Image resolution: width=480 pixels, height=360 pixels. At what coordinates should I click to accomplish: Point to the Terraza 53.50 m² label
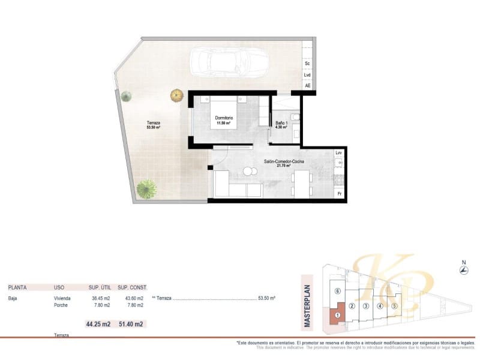[x=154, y=125]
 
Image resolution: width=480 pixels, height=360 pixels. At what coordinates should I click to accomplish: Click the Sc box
[x=307, y=63]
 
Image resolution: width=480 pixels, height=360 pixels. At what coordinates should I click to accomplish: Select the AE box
[x=308, y=86]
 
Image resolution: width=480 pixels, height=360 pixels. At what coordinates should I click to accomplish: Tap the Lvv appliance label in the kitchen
[x=339, y=153]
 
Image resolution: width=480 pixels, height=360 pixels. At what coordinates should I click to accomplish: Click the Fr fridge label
[x=339, y=194]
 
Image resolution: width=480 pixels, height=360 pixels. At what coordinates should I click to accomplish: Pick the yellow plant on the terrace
[x=176, y=95]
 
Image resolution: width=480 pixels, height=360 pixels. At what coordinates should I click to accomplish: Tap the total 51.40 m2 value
[x=131, y=324]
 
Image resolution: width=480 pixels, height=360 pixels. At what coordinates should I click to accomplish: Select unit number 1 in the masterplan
[x=338, y=315]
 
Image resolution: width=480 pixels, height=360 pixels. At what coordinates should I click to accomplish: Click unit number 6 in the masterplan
[x=337, y=291]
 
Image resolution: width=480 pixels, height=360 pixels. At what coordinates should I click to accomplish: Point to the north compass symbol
[x=463, y=271]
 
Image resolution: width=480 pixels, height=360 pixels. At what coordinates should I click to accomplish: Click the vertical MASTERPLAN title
[x=307, y=305]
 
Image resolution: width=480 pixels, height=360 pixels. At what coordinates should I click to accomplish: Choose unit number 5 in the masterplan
[x=394, y=306]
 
